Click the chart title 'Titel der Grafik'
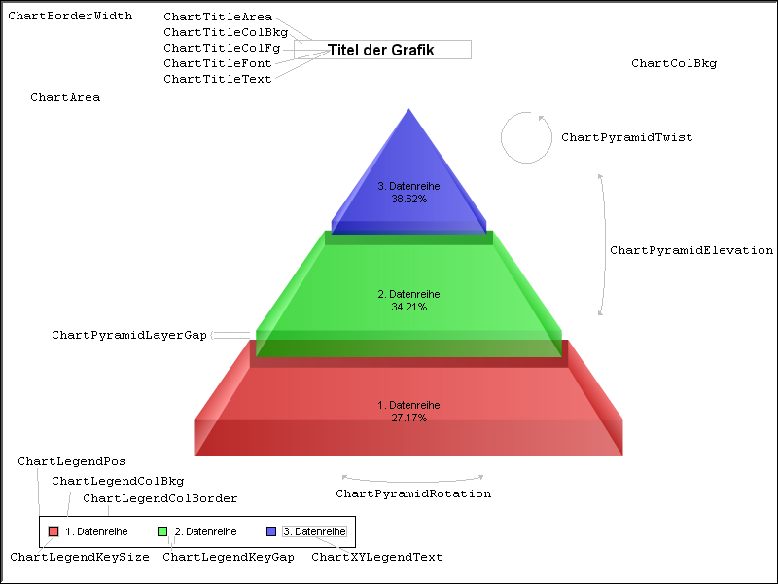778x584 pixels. coord(381,50)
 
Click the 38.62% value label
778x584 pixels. coord(409,198)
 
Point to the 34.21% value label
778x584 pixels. coord(408,307)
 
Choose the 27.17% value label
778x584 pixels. coord(408,418)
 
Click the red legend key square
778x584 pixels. coord(53,531)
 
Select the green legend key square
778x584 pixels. coord(162,531)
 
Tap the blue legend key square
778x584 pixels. coord(271,531)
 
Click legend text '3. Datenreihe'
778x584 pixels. coord(314,531)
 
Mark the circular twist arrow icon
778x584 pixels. coord(526,137)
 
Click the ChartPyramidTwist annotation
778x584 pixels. coord(626,137)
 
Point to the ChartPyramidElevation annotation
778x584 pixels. coord(690,250)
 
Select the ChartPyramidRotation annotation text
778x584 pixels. coord(413,493)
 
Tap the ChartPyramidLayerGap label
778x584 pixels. coord(129,335)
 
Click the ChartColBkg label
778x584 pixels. coord(673,63)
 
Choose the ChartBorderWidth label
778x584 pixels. coord(70,16)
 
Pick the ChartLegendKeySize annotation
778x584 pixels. coord(80,557)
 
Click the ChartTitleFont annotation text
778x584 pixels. coord(218,63)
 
